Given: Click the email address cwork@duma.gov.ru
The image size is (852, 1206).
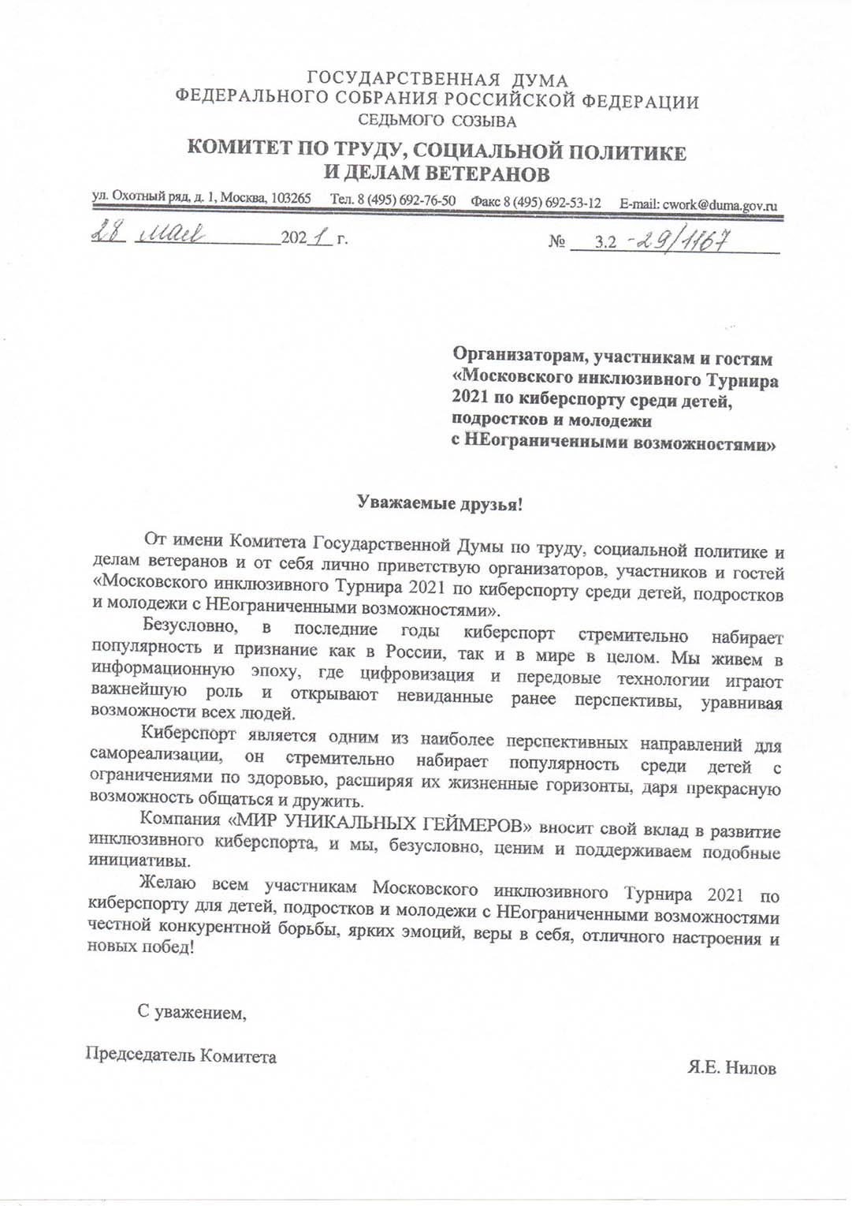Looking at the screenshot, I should coord(720,205).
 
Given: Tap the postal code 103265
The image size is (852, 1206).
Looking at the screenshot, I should coord(291,198).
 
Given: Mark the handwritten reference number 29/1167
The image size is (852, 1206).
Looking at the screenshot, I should coord(683,240).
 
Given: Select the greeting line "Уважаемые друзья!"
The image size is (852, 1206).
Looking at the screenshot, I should coord(440,503).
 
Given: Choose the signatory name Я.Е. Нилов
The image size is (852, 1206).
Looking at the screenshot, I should coord(731,1068).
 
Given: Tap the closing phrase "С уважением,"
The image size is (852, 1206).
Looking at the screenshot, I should coord(192,1012).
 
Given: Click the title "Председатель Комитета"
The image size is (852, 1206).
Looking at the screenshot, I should coord(180,1055).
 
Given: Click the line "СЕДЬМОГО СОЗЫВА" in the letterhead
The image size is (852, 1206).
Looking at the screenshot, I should coord(437,121).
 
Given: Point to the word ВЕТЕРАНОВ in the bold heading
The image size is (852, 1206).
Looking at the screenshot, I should coord(487,174).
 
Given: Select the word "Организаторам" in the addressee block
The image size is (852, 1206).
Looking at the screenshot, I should coord(518,357).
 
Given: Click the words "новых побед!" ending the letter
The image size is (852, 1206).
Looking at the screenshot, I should coord(140,947).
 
